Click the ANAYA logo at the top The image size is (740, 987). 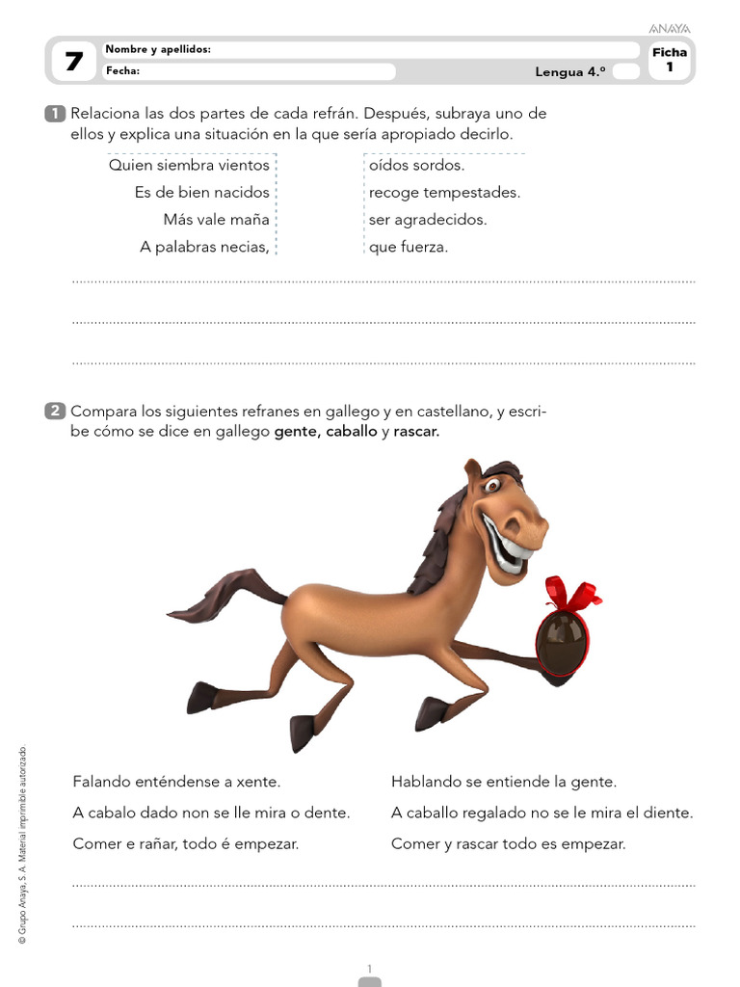pos(671,29)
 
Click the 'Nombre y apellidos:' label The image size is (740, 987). pos(158,49)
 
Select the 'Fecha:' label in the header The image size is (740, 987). pos(123,70)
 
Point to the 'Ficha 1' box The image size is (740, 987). pos(670,60)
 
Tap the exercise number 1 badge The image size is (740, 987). pos(55,114)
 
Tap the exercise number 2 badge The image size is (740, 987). pos(55,412)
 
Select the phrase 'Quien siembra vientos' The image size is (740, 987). pos(189,165)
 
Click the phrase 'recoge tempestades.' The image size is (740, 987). pos(444,192)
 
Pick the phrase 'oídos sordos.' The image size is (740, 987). pos(416,165)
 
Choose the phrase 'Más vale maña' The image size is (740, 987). pos(216,219)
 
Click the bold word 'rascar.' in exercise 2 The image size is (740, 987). pos(416,432)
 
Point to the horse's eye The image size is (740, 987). pos(494,486)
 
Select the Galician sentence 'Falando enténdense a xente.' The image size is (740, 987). pos(176,782)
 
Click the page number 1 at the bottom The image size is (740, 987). pos(369,968)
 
